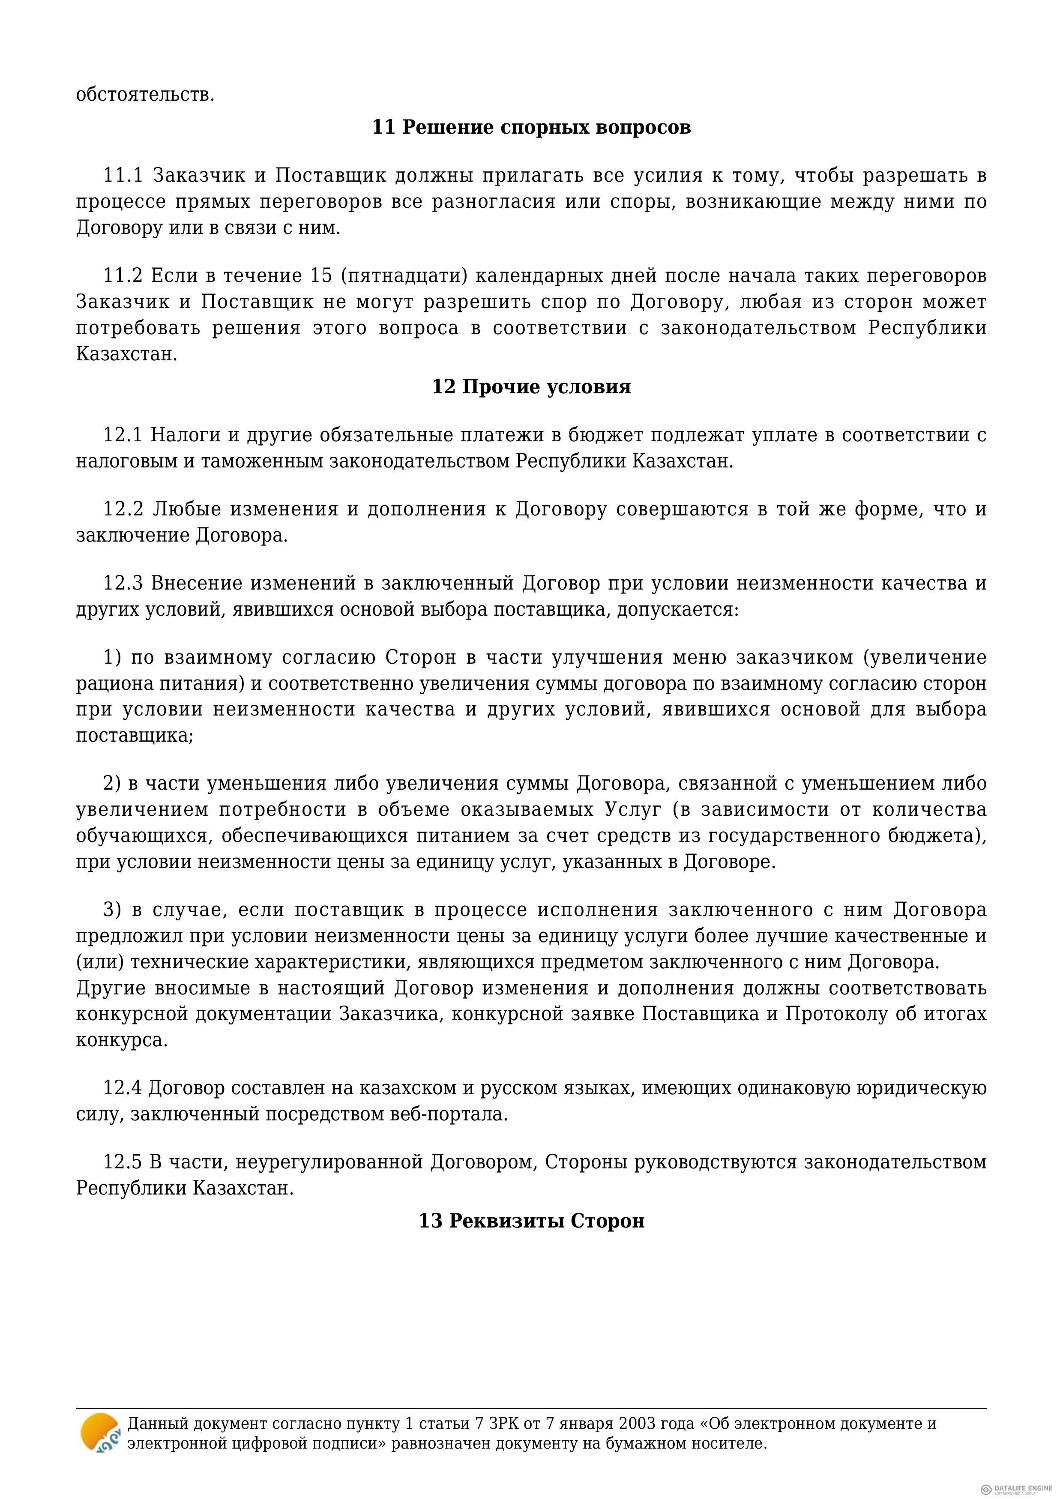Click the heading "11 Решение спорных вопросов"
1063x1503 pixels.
(531, 127)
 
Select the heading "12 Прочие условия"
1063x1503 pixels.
(531, 387)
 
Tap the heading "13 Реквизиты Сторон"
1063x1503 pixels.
(531, 1221)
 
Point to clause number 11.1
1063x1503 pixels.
(123, 175)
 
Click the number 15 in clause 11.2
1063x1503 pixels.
(321, 275)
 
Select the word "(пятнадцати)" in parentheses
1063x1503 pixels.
(404, 275)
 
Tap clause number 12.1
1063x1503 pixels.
(123, 435)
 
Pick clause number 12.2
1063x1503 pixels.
(123, 509)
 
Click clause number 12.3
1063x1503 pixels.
(123, 583)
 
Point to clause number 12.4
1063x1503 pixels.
(123, 1088)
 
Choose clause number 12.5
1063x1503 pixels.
(123, 1162)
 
